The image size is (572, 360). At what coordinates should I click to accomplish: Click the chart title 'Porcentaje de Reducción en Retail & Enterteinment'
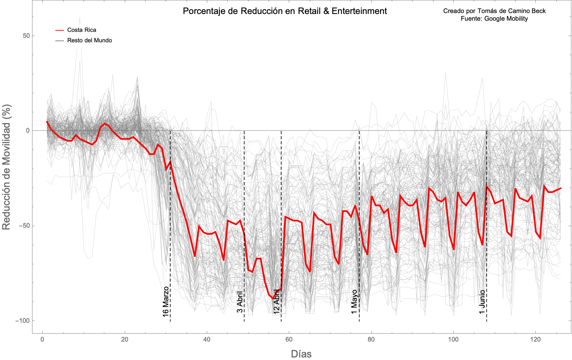click(x=285, y=11)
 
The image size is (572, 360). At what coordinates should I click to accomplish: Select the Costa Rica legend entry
click(x=81, y=30)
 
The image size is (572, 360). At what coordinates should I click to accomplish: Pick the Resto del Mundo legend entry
click(x=89, y=40)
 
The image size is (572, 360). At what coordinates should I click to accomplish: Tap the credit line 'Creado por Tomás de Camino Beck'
click(x=494, y=11)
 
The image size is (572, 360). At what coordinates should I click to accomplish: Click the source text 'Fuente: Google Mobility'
click(x=494, y=18)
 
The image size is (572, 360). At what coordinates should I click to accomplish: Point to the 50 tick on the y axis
click(x=26, y=36)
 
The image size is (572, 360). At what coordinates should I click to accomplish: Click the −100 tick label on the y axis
click(x=23, y=321)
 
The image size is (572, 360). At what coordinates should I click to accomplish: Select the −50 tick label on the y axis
click(x=24, y=226)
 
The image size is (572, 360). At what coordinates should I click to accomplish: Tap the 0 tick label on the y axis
click(x=28, y=131)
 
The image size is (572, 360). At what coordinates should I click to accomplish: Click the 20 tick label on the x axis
click(x=125, y=339)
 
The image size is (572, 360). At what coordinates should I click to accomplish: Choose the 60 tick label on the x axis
click(x=289, y=339)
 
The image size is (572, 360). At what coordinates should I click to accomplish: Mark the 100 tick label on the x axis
click(x=453, y=339)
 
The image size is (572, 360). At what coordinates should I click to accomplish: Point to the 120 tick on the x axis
click(x=535, y=339)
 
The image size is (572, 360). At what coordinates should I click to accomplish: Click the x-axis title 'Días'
click(x=301, y=354)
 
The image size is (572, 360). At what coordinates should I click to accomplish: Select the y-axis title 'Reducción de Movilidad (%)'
click(x=6, y=167)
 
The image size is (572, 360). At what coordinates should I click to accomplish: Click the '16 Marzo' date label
click(x=166, y=301)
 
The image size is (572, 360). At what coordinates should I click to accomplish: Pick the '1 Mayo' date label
click(x=354, y=301)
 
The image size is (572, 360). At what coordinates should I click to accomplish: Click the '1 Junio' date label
click(x=482, y=301)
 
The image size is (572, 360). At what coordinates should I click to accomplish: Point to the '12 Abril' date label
click(x=277, y=301)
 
